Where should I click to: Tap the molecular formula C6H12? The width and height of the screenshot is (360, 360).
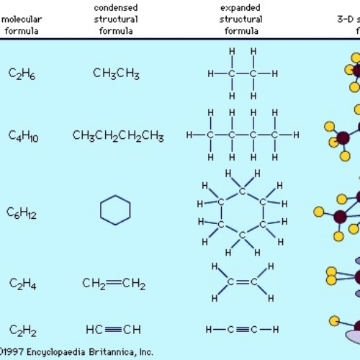click(22, 212)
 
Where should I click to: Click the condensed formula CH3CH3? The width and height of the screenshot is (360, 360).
click(116, 73)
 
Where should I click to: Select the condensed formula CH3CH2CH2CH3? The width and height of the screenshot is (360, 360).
click(117, 135)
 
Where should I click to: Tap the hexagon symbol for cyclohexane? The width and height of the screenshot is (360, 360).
click(115, 210)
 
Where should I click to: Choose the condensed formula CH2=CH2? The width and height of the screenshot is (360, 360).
click(114, 284)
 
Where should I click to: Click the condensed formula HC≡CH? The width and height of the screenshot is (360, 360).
click(113, 329)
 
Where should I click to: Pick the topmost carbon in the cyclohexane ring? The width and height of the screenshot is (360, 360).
click(243, 191)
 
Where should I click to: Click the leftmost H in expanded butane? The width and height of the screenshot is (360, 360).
click(190, 135)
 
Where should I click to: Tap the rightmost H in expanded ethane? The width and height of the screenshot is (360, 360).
click(274, 73)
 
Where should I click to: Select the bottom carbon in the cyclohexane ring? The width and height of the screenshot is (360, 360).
click(243, 234)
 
